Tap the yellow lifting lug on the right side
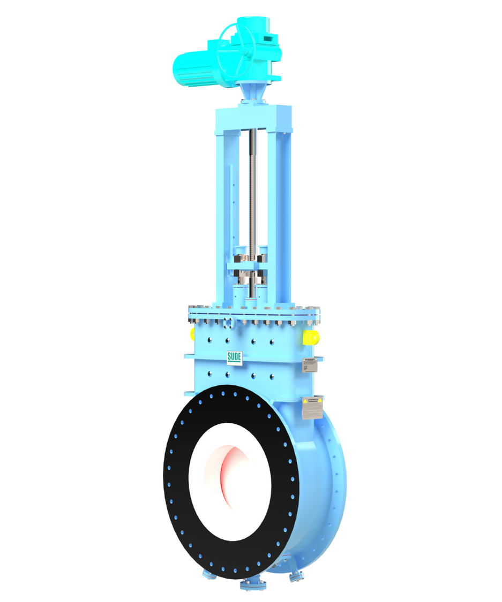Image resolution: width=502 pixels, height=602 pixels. pyautogui.click(x=311, y=337)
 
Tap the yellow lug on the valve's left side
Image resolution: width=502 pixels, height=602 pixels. pyautogui.click(x=192, y=334)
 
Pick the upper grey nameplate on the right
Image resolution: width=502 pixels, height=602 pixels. pyautogui.click(x=310, y=365)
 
